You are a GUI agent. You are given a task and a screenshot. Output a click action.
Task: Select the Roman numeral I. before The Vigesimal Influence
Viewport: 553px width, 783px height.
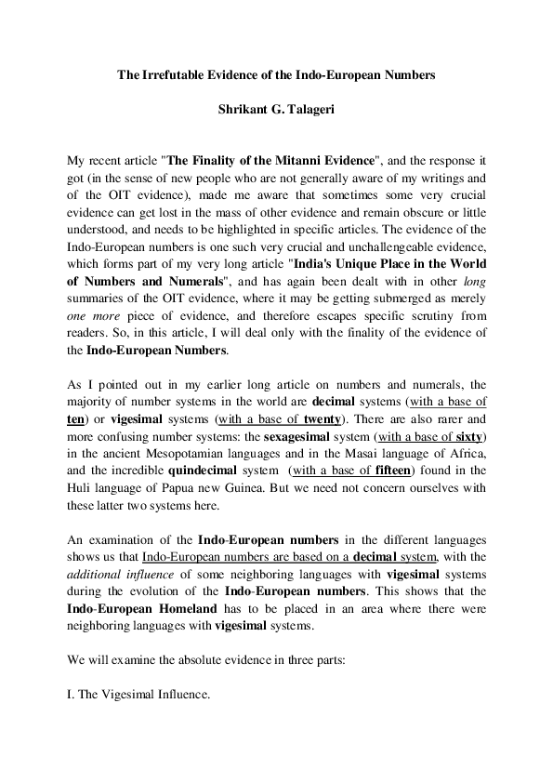73,695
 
